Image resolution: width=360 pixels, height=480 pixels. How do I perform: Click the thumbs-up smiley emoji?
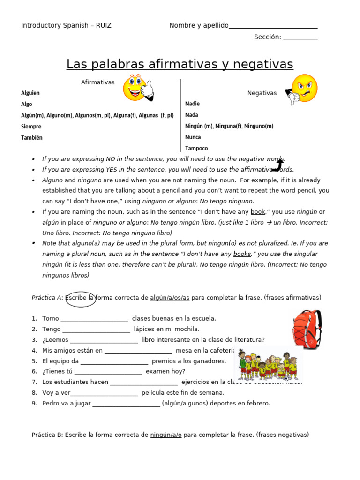click(137, 88)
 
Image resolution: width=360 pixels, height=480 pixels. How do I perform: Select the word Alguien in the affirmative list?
click(30, 93)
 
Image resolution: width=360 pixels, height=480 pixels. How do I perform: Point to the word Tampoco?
click(196, 148)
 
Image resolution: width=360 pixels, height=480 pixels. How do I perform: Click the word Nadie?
click(192, 104)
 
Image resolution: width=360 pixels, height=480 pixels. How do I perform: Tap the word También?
click(31, 137)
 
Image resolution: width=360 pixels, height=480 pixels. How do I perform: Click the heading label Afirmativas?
click(97, 82)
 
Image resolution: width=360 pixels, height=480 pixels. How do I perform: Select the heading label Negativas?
click(262, 93)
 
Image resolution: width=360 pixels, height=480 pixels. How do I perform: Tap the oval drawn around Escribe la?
click(81, 299)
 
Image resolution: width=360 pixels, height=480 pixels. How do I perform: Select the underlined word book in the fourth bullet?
click(258, 212)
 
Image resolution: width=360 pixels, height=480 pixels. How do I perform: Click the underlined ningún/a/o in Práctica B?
click(166, 435)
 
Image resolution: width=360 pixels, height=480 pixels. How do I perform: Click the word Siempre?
click(31, 126)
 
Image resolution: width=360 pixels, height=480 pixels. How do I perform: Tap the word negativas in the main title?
click(260, 64)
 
